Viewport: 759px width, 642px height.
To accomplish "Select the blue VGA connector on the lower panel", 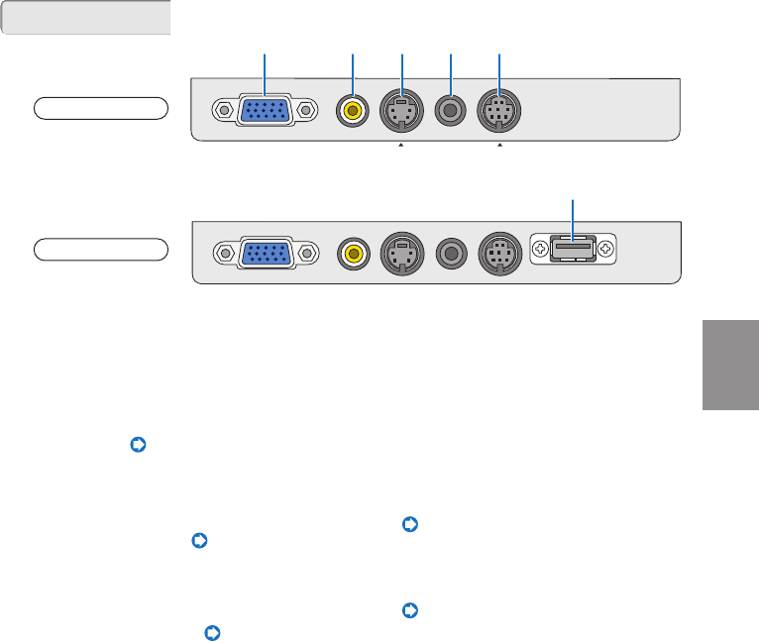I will (x=265, y=253).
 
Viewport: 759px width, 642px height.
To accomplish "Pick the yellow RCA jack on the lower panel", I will (x=352, y=253).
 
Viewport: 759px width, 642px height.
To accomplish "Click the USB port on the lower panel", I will (x=573, y=248).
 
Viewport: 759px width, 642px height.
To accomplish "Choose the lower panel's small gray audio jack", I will (x=451, y=253).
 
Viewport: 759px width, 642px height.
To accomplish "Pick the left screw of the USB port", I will (x=541, y=248).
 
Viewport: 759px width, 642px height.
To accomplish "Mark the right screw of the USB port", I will (x=604, y=248).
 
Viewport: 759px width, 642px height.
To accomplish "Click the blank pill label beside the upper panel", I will (x=100, y=108).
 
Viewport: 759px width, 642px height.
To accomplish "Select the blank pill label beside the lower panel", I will (x=100, y=248).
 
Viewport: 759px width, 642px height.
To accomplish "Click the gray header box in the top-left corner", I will (x=86, y=18).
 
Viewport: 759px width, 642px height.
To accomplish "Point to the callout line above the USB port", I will (x=573, y=214).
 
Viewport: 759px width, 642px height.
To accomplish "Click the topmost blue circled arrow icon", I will (x=138, y=447).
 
